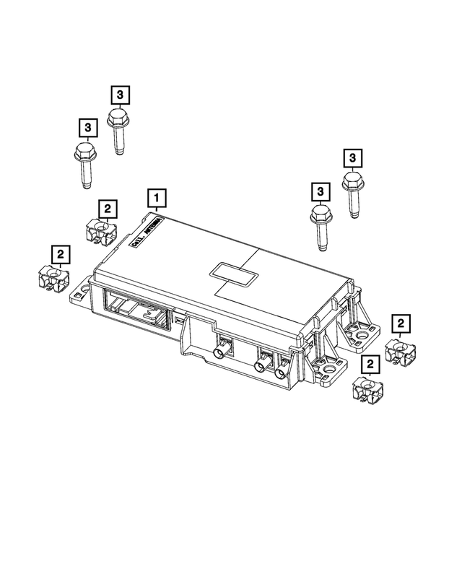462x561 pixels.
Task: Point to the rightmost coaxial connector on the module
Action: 280,371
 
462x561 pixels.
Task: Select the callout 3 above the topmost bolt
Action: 120,94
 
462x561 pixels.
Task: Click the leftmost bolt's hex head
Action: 84,153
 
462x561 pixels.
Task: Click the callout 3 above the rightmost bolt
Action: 353,157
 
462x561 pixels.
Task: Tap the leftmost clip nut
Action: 51,278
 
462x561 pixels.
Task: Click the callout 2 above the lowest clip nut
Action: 370,365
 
